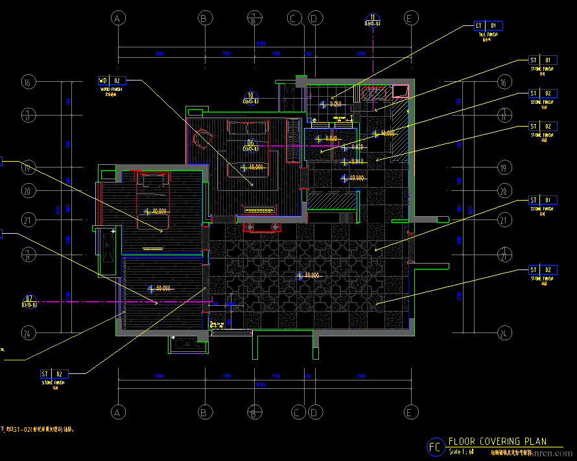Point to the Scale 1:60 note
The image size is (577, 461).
coord(462,451)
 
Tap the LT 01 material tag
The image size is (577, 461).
coord(488,26)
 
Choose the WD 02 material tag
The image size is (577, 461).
coord(112,81)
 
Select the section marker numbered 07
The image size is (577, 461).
coord(29,301)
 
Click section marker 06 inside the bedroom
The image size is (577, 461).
coord(251,145)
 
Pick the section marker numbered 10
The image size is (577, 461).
coord(251,98)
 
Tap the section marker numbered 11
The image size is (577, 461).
coord(372,20)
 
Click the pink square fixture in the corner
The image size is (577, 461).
coord(401,90)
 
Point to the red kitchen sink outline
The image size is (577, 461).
coord(374,95)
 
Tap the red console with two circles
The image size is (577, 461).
coord(262,227)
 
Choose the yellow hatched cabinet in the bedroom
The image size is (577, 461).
coord(258,210)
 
